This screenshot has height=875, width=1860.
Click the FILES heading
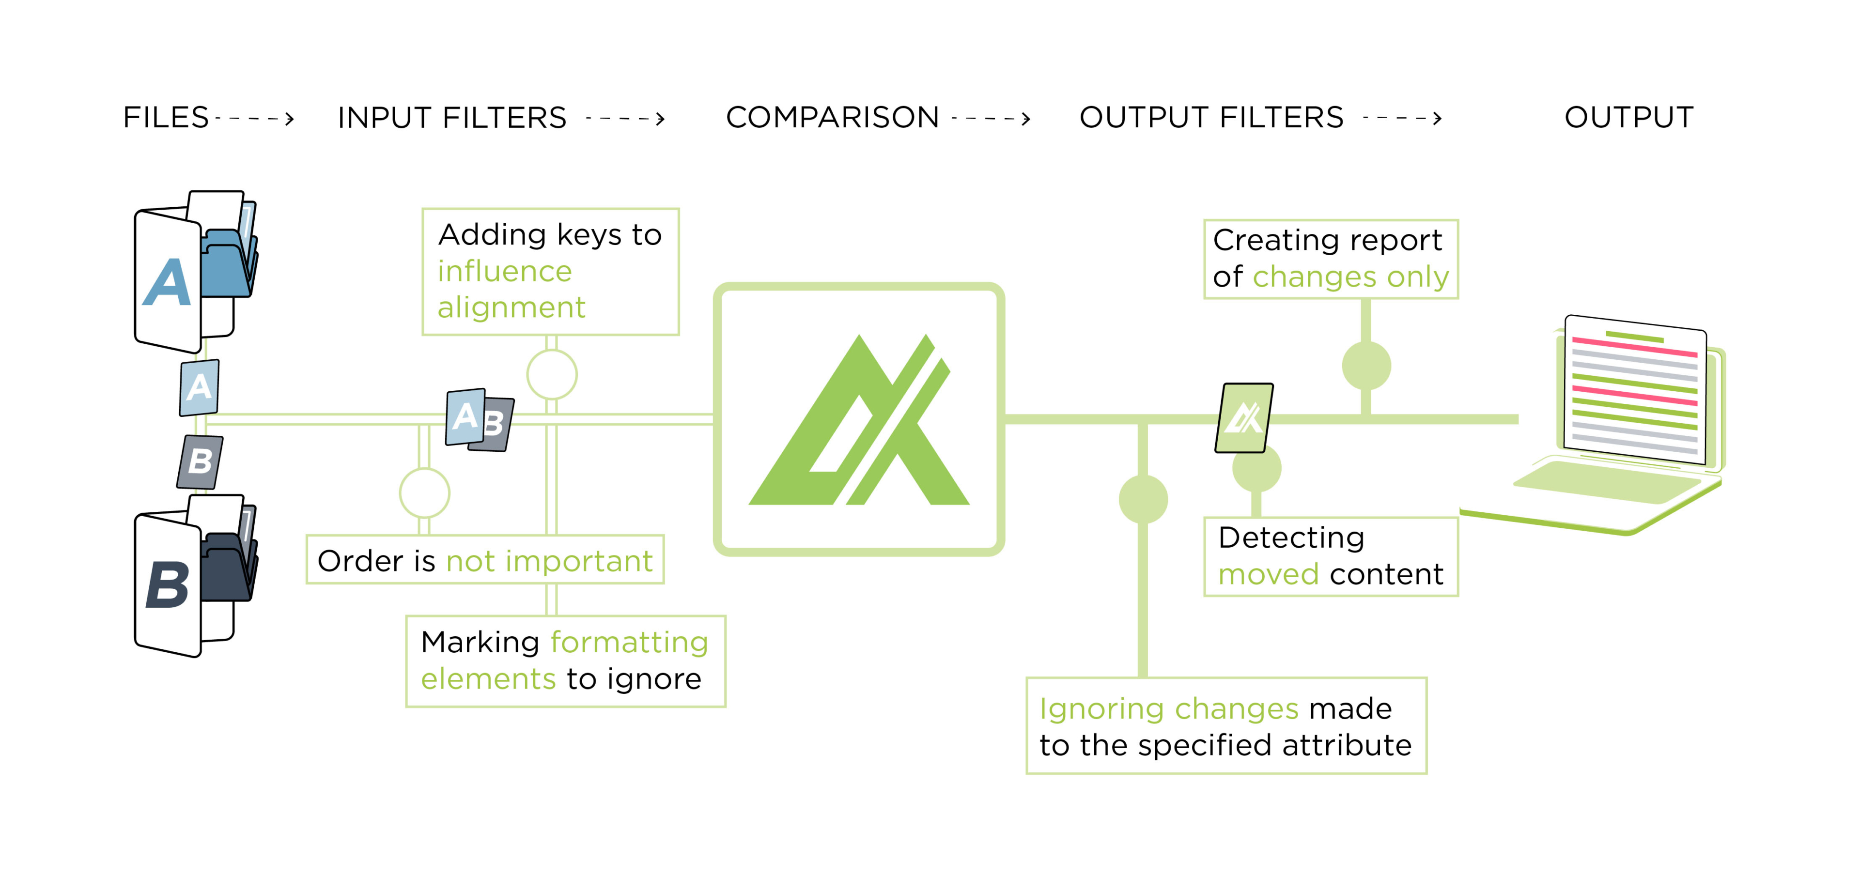click(x=165, y=118)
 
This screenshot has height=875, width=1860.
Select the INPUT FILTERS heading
click(x=452, y=118)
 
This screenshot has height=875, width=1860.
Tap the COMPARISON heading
click(x=832, y=118)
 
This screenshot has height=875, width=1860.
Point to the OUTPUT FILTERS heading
click(x=1211, y=118)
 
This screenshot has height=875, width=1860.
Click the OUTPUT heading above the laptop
click(x=1628, y=118)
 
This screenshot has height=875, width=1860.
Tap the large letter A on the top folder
click(x=168, y=282)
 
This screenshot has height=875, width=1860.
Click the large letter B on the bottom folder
click(x=168, y=585)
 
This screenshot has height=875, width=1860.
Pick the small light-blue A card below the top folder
click(x=199, y=388)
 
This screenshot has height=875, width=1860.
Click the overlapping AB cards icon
click(x=480, y=420)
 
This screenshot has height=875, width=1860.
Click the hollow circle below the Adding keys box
click(x=552, y=375)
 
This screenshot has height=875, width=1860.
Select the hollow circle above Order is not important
click(x=425, y=493)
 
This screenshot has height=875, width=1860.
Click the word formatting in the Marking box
click(x=629, y=643)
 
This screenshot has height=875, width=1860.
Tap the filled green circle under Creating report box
click(x=1366, y=366)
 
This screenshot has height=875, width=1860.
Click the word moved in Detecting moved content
click(x=1268, y=575)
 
